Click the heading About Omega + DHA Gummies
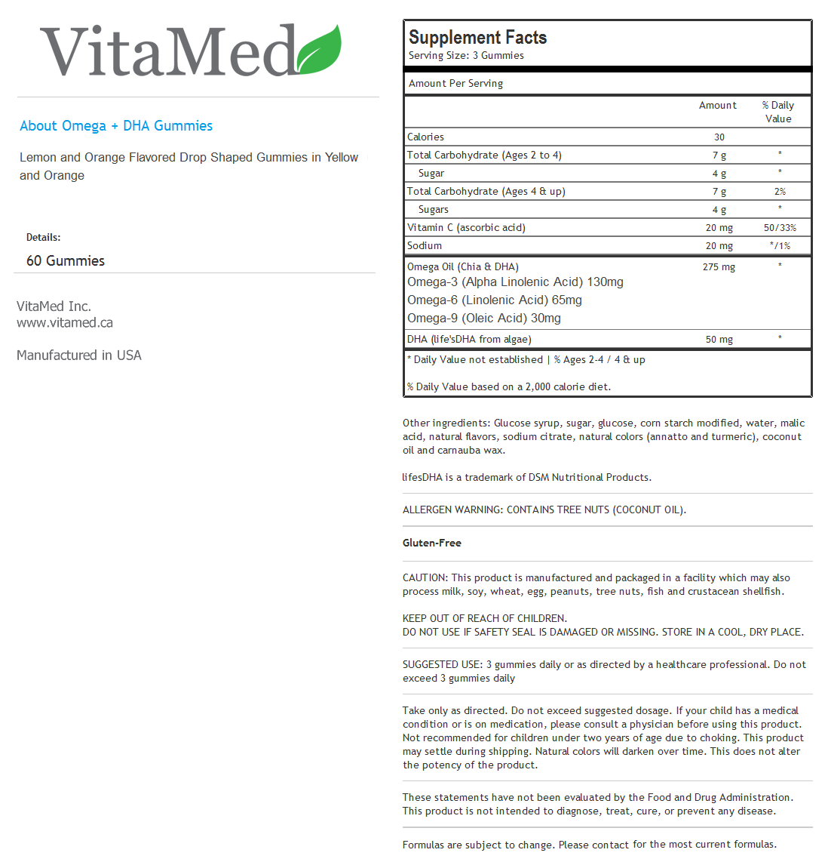click(x=116, y=126)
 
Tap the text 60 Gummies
click(x=66, y=260)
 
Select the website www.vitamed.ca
click(x=65, y=322)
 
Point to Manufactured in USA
click(x=79, y=355)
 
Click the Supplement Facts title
click(x=477, y=37)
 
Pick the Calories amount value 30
click(x=719, y=137)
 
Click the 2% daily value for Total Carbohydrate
click(x=780, y=192)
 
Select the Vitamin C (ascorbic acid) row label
click(x=466, y=227)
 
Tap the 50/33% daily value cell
click(x=780, y=228)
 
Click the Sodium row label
click(x=425, y=245)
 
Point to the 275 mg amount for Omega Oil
click(x=719, y=266)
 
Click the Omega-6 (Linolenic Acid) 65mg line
click(x=495, y=300)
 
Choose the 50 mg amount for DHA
click(x=719, y=340)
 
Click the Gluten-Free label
click(x=432, y=543)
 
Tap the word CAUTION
click(x=425, y=577)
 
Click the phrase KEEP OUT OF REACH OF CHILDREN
click(x=485, y=618)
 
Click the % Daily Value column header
click(x=778, y=112)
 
